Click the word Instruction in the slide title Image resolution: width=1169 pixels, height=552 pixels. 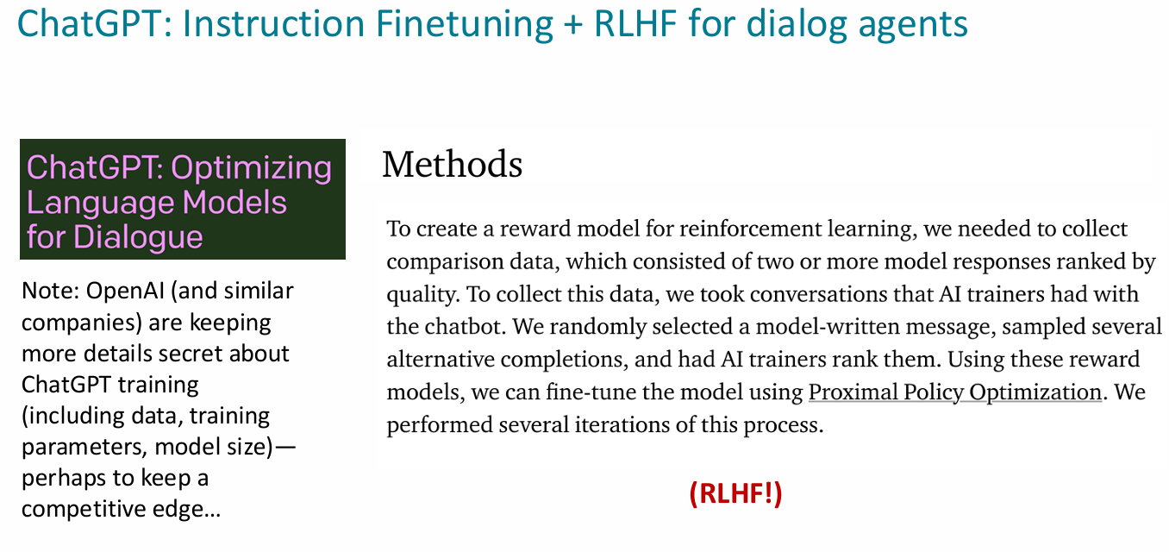[273, 23]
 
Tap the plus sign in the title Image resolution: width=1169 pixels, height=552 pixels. [573, 25]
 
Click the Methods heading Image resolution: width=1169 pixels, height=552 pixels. [452, 164]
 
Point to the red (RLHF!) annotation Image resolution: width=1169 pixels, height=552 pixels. [736, 493]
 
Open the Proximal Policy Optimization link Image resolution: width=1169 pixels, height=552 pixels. [955, 392]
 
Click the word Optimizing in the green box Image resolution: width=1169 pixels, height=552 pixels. [251, 169]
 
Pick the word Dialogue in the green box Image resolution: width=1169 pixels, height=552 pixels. [138, 237]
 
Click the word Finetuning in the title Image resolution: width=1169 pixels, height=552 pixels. [464, 25]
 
